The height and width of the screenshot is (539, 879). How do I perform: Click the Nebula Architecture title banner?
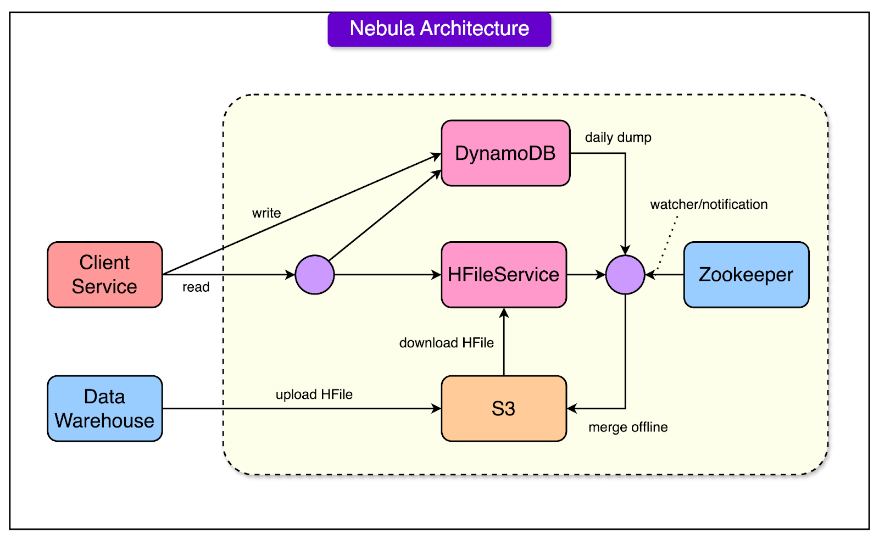[439, 30]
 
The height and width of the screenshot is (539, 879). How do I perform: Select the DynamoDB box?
[505, 153]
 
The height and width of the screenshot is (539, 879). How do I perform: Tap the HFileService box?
[504, 275]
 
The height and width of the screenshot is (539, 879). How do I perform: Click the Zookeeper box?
[746, 275]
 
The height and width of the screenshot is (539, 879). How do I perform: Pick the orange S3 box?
[504, 409]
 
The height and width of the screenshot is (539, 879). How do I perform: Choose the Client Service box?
[105, 275]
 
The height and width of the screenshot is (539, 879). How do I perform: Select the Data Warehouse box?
[105, 409]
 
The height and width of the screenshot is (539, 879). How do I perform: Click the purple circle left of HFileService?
[315, 275]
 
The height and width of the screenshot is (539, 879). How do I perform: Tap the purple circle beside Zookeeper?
[625, 275]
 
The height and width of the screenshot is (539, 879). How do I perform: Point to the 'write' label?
[266, 213]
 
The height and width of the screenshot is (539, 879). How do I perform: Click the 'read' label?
[196, 287]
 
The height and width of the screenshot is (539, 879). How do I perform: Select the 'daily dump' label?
[618, 137]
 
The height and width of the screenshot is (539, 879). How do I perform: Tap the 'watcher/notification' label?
[709, 204]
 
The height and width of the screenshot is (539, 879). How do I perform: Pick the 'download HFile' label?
[447, 343]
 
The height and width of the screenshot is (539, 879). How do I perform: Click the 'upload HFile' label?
[314, 394]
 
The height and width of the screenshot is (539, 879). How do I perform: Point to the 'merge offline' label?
[628, 427]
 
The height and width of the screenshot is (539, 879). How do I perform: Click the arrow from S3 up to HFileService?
[504, 342]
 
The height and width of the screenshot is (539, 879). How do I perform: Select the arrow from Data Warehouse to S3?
[302, 409]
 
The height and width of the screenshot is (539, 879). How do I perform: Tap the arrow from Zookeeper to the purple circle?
[664, 275]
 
